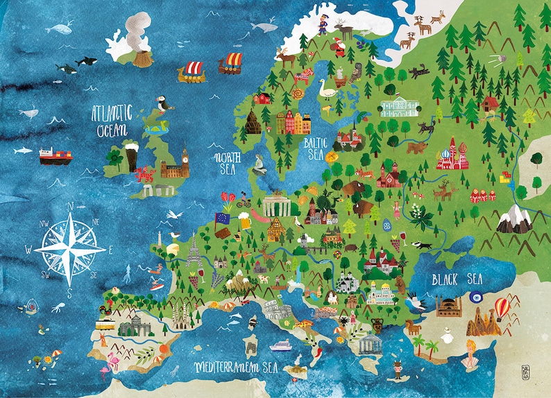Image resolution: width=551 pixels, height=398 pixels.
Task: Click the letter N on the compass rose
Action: [x=69, y=205]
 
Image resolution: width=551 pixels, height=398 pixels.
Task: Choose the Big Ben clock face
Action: [x=185, y=154]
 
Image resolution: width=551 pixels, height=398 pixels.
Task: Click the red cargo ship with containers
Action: [x=56, y=156]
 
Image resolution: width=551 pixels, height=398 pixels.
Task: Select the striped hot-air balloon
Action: [x=502, y=308]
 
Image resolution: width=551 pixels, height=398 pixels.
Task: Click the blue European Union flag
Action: [x=223, y=218]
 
